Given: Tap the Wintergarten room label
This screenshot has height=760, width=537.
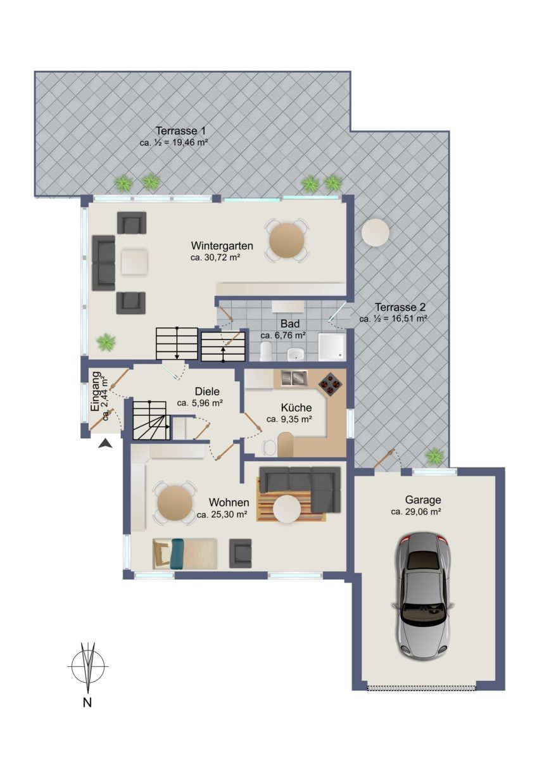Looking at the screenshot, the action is [x=222, y=245].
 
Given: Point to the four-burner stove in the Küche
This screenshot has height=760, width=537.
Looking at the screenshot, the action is [x=330, y=384].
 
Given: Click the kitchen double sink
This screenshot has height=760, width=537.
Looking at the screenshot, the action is [x=294, y=377].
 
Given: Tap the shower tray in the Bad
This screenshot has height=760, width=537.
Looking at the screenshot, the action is [x=332, y=346].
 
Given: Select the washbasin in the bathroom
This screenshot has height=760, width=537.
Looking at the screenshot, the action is [x=296, y=355].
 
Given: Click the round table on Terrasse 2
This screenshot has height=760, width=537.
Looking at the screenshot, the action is [x=376, y=234].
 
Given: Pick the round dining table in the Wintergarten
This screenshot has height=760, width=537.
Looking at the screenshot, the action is [x=287, y=241].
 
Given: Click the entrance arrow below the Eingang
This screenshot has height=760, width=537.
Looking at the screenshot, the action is [x=105, y=443].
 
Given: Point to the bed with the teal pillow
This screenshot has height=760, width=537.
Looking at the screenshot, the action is [x=185, y=554].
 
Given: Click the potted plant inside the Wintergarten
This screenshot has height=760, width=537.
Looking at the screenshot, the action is [x=106, y=342].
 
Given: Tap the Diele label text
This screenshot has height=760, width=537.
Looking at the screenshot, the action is [x=207, y=391].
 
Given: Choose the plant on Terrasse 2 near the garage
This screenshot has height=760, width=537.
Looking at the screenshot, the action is [x=434, y=456].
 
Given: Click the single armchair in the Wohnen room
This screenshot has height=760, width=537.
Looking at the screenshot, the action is [x=240, y=554].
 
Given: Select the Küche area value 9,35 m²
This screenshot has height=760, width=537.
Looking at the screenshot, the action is [x=289, y=419].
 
